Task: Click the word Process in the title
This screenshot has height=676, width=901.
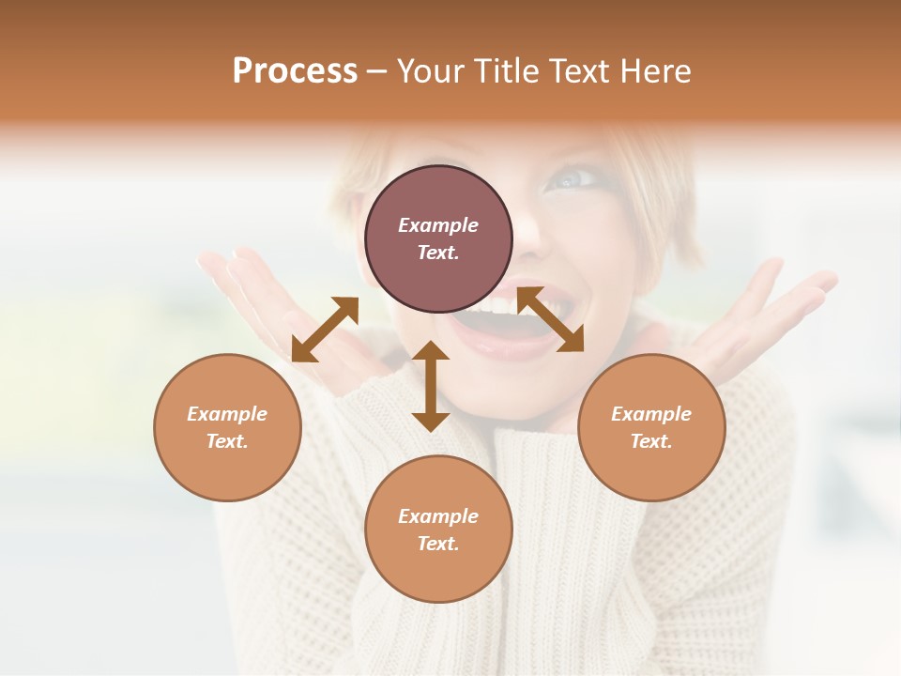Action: pos(295,71)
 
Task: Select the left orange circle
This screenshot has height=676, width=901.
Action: pos(227,427)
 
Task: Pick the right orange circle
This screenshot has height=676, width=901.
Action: pos(651,427)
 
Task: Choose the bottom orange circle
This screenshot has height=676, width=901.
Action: pos(438,529)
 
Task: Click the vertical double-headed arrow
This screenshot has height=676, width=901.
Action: pos(431,386)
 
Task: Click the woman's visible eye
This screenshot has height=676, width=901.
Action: pos(575,177)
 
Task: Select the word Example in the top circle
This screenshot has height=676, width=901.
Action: pos(438,225)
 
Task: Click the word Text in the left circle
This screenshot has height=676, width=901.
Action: pos(227,441)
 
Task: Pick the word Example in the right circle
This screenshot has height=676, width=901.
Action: pos(651,414)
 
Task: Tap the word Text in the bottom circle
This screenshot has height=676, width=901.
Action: pos(438,544)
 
